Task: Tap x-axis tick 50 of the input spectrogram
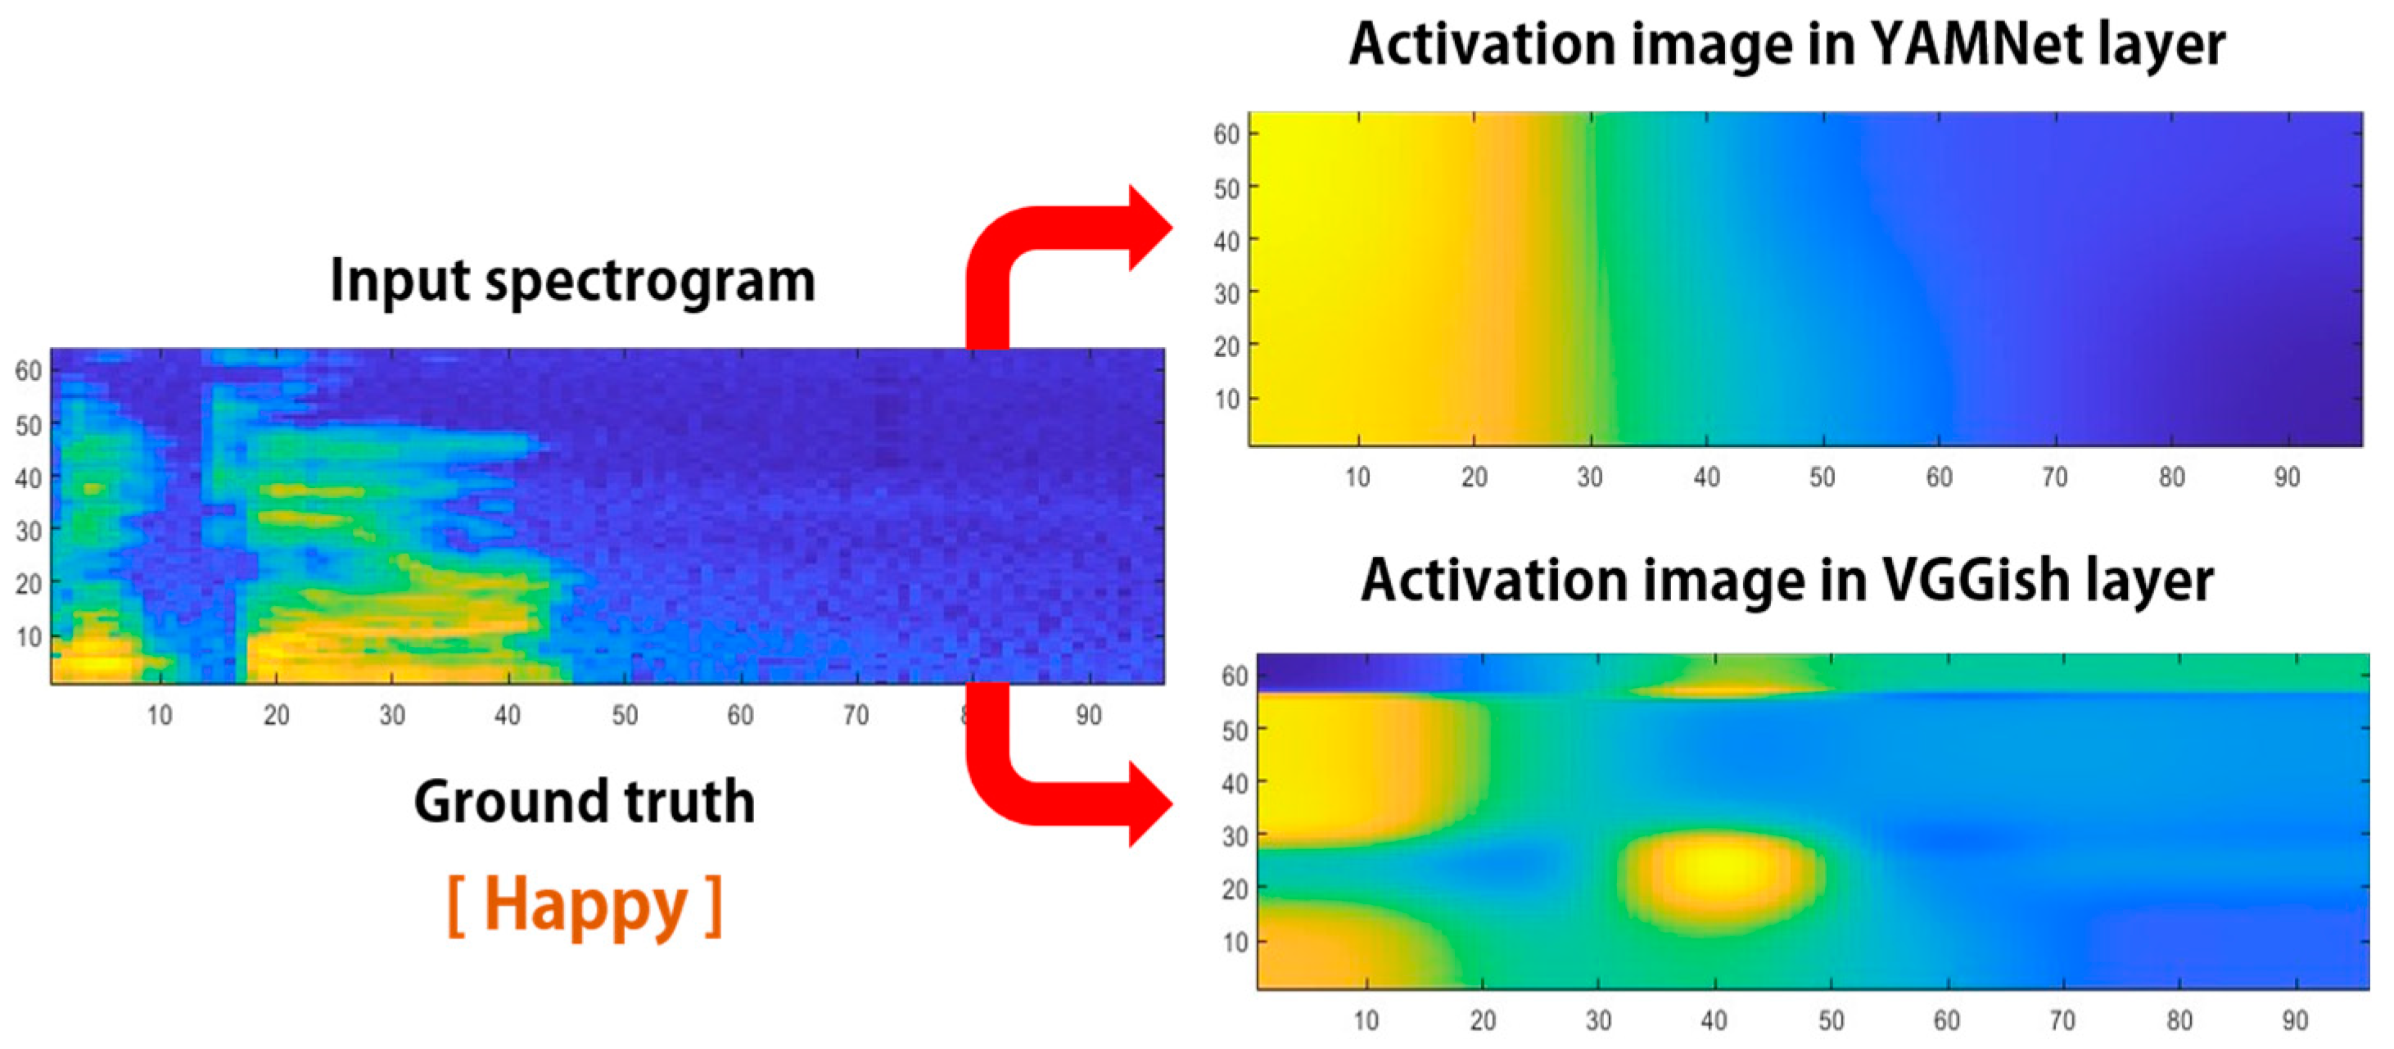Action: (x=625, y=715)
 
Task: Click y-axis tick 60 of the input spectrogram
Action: (x=28, y=371)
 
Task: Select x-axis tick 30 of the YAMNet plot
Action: (x=1589, y=477)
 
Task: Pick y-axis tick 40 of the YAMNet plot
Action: (x=1226, y=241)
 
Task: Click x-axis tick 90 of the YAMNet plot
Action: (x=2286, y=477)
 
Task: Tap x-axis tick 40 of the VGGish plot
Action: (x=1714, y=1020)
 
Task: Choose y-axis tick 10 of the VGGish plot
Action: (x=1234, y=943)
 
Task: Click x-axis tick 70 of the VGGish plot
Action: (x=2062, y=1020)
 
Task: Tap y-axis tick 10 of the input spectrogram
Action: (x=28, y=636)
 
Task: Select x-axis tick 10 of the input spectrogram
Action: (x=160, y=715)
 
